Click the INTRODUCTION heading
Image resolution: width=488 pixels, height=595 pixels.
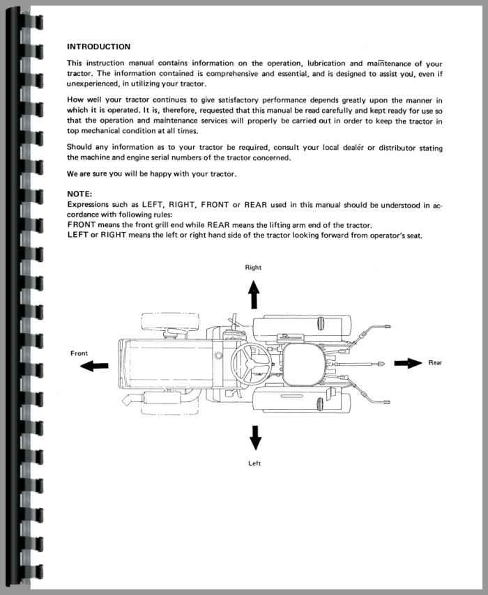coord(98,47)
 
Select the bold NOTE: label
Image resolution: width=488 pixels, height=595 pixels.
coord(79,193)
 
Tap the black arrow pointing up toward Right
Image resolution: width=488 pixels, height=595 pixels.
coord(254,295)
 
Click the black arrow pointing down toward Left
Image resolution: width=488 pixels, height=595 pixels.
coord(255,437)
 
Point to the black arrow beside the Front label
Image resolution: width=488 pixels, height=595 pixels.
coord(94,366)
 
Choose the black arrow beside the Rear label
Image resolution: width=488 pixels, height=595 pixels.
coord(408,362)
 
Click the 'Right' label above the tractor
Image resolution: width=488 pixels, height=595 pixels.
coord(253,268)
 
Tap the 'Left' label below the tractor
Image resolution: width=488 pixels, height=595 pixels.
coord(254,463)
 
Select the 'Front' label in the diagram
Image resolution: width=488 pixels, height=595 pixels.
coord(79,353)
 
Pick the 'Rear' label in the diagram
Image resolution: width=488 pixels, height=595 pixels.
coord(435,362)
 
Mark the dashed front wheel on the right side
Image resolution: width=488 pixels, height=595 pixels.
coord(170,323)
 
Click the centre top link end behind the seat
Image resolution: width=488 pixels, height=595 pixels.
coord(381,363)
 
